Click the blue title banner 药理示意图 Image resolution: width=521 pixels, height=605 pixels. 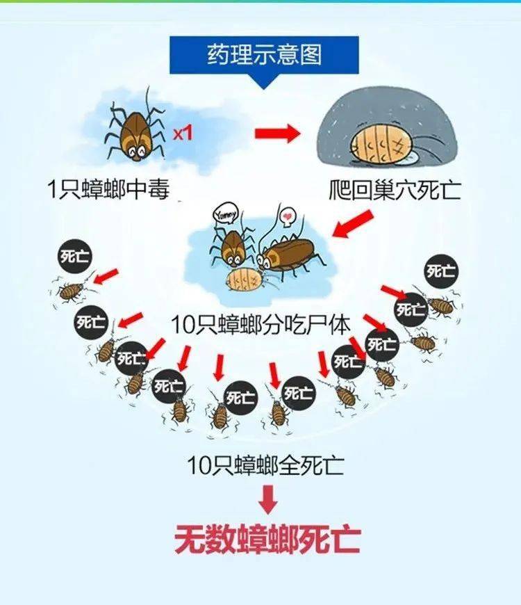click(265, 55)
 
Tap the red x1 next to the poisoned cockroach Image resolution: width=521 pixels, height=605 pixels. click(182, 134)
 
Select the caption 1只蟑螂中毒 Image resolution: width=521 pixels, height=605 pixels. click(108, 189)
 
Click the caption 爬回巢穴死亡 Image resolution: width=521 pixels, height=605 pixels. click(395, 189)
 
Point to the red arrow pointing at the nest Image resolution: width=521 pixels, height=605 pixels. click(277, 134)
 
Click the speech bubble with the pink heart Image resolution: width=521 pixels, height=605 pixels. click(287, 214)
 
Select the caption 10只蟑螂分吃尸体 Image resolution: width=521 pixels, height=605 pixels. click(261, 325)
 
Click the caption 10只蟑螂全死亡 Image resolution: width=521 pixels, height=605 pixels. click(265, 465)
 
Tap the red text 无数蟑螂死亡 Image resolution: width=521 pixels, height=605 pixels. click(267, 539)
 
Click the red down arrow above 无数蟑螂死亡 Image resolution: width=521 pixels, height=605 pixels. click(268, 500)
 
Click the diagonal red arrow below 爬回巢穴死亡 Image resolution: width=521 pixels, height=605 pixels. click(353, 224)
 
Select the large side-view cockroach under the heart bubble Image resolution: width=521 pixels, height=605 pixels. click(287, 255)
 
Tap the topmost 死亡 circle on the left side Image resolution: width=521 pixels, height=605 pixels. click(74, 256)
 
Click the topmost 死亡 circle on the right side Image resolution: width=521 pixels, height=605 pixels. click(441, 271)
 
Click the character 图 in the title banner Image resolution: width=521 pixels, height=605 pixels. click(311, 54)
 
